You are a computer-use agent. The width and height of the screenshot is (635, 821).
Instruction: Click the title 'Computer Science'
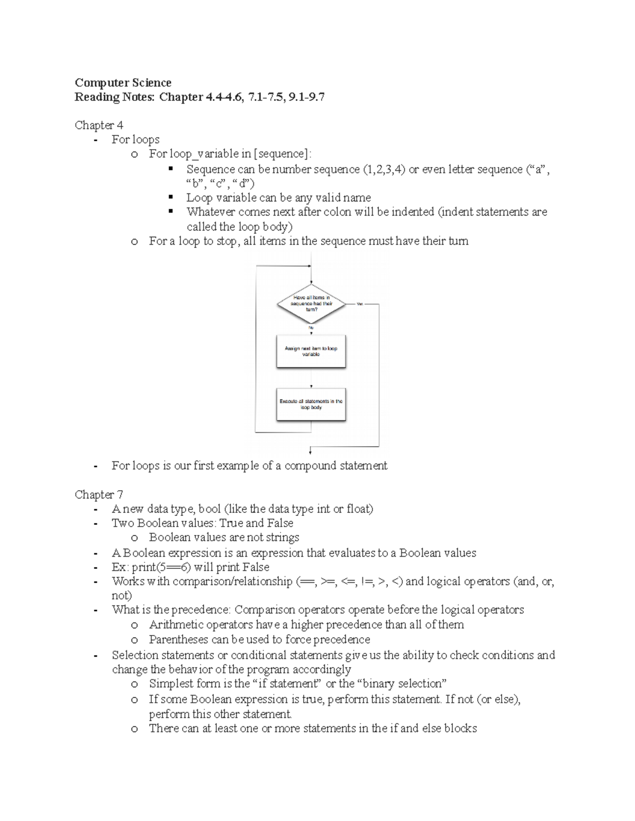point(123,82)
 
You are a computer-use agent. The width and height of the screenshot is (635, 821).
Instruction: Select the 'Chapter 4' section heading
point(99,125)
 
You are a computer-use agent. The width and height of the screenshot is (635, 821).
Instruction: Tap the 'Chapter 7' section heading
point(99,495)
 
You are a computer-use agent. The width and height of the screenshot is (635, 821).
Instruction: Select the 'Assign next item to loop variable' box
point(311,352)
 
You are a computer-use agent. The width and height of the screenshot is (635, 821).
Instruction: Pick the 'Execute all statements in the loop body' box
point(311,404)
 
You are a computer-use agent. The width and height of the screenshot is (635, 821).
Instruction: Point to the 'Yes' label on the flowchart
point(360,304)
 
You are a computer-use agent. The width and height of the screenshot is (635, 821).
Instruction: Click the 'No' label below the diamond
point(311,328)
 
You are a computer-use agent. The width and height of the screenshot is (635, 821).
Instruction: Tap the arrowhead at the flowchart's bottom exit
point(310,451)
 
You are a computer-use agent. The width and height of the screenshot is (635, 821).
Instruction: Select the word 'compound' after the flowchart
point(310,466)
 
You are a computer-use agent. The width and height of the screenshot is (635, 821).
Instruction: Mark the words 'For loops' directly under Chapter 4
point(135,140)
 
